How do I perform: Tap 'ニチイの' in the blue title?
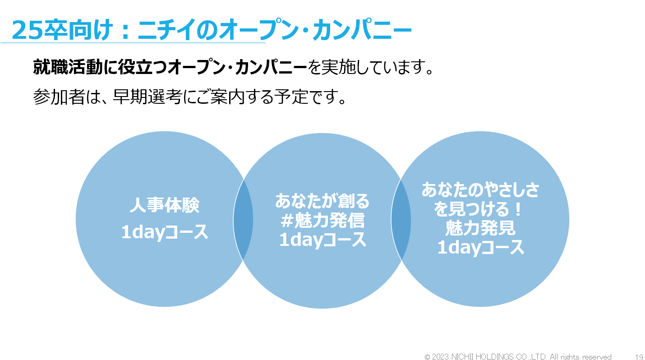pos(178,30)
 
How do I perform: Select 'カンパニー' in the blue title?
pos(362,30)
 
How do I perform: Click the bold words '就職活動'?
pos(68,67)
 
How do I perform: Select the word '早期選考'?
pos(147,97)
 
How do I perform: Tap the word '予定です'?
pos(306,97)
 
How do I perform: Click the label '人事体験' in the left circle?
pos(165,205)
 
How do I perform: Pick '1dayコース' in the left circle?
pos(165,232)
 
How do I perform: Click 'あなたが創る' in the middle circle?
pos(322,201)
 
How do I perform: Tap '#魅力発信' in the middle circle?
pos(322,220)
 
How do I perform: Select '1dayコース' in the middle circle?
pos(322,240)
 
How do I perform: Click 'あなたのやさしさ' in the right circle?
pos(480,190)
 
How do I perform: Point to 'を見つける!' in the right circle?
pos(478,209)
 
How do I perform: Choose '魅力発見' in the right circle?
pos(480,228)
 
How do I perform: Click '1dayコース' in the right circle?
pos(480,247)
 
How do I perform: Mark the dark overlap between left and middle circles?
pos(243,219)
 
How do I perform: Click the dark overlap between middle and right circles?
pos(401,219)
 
